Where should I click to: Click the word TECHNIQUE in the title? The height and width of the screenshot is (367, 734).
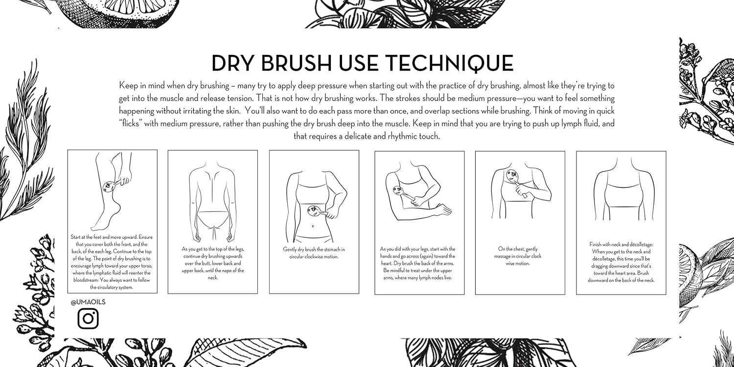[x=449, y=64]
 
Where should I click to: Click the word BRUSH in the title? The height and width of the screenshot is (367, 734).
[x=293, y=64]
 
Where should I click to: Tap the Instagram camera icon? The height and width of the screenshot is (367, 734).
[x=88, y=319]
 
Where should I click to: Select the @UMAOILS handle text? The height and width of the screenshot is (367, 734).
[x=88, y=302]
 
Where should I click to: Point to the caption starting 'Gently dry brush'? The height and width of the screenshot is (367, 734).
[x=314, y=253]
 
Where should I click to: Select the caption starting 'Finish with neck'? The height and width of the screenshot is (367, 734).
[x=621, y=262]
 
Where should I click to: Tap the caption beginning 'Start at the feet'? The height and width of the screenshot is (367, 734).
[x=112, y=262]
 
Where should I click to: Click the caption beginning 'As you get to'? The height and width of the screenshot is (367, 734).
[x=213, y=263]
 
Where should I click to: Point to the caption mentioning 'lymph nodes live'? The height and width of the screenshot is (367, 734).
[x=419, y=263]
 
